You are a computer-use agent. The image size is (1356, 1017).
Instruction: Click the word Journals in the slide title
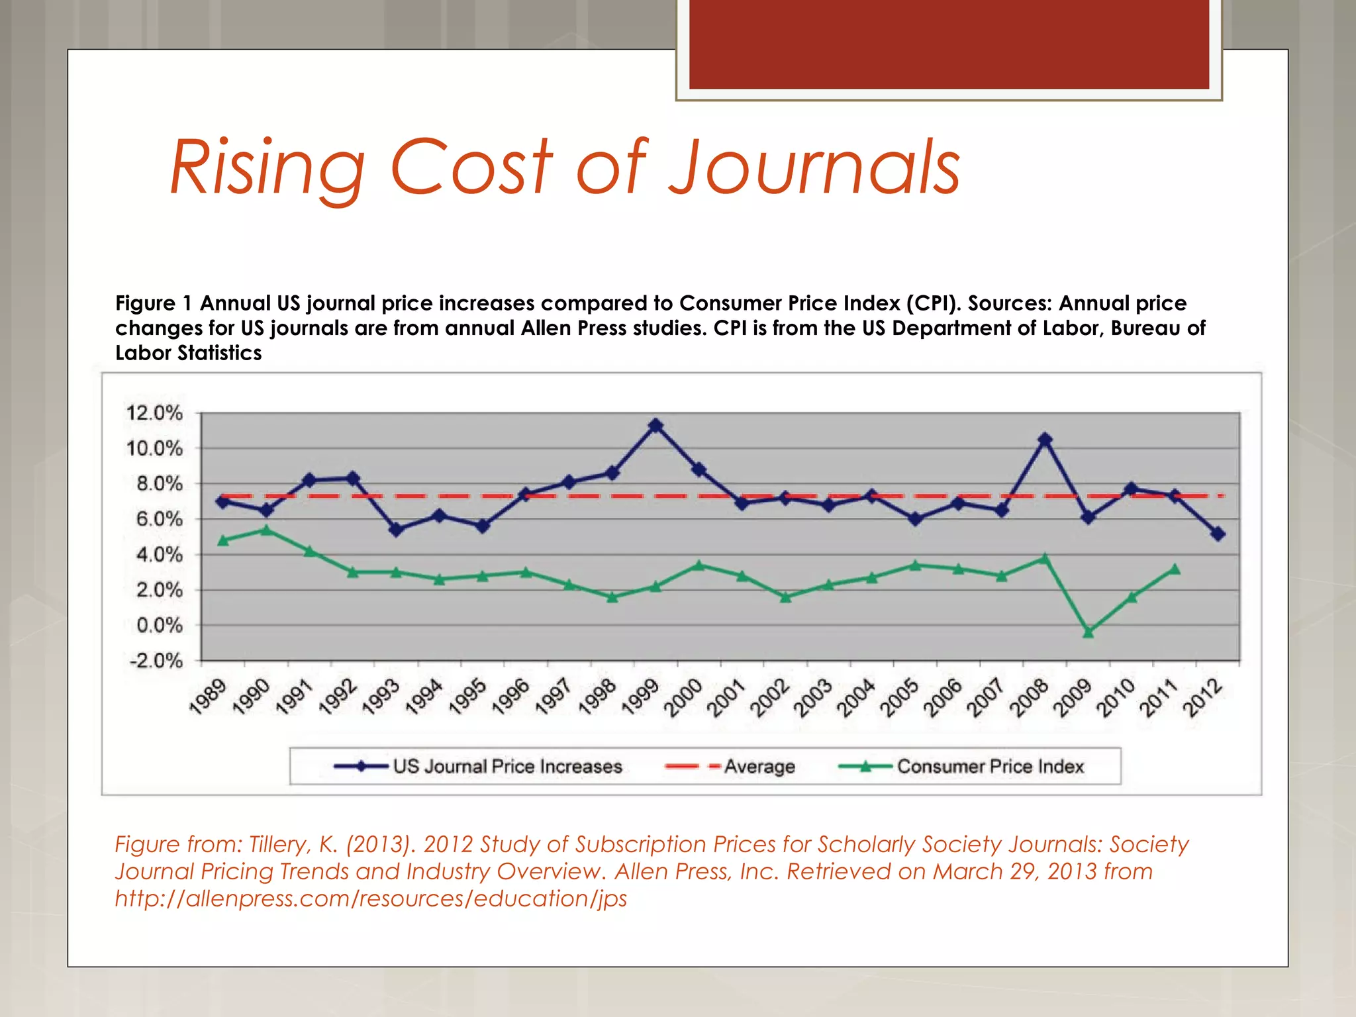814,167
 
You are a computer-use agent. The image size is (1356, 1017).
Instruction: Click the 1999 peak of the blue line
655,425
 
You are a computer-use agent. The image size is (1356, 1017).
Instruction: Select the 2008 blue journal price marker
1045,440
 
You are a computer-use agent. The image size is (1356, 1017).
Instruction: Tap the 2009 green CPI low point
1088,632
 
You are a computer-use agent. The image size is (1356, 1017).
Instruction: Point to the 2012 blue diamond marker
1218,534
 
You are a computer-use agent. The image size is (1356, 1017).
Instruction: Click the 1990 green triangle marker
266,530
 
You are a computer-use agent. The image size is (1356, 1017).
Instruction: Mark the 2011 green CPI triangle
1175,569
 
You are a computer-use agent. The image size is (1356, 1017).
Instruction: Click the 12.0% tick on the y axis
154,413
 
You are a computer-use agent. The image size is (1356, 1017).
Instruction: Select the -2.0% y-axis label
156,661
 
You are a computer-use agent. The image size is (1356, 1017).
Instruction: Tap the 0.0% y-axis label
159,625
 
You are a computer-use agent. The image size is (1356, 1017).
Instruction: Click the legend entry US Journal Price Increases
507,766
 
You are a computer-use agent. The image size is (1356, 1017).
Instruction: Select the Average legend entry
759,766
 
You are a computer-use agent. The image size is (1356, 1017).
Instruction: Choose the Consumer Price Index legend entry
990,766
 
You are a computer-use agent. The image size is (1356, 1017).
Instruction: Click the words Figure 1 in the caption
154,303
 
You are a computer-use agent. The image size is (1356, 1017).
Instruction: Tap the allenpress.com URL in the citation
371,898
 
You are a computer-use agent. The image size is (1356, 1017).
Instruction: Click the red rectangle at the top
949,44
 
